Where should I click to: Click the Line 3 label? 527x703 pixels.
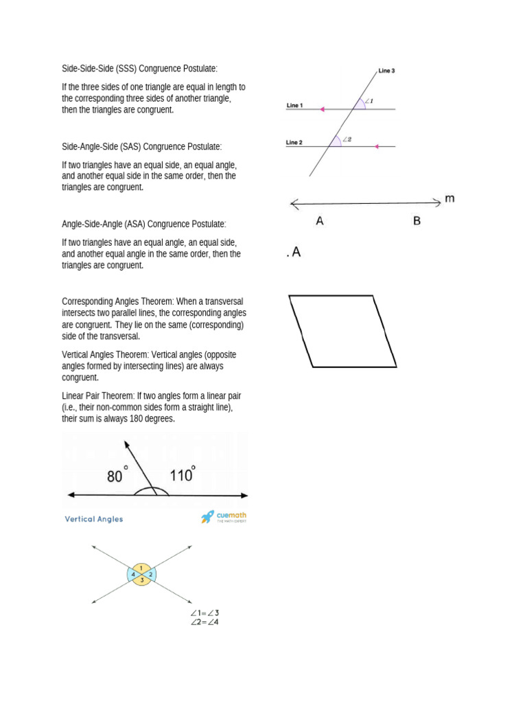click(x=386, y=71)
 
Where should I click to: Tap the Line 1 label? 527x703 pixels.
click(x=294, y=106)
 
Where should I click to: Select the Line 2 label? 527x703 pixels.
click(x=294, y=143)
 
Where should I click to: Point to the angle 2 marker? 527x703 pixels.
click(x=347, y=139)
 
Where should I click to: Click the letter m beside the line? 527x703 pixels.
click(x=449, y=199)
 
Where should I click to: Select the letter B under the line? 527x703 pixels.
click(x=417, y=221)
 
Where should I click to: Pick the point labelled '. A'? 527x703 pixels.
click(x=293, y=253)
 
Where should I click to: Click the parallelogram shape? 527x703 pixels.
click(x=343, y=331)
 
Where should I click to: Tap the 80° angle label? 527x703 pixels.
click(x=117, y=475)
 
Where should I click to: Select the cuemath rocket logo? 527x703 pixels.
click(x=207, y=517)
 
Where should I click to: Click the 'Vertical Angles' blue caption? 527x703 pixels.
click(x=94, y=519)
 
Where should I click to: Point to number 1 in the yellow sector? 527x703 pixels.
click(x=141, y=567)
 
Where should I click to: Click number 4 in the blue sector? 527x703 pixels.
click(x=133, y=574)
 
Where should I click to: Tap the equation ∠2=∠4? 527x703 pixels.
click(x=205, y=621)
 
